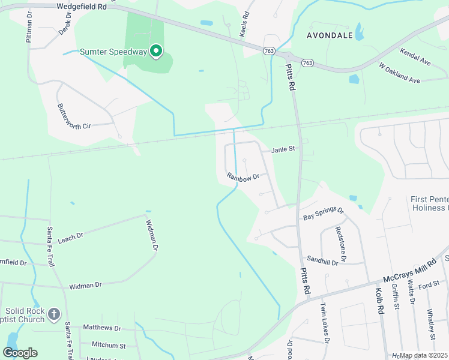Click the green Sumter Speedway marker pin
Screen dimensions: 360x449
(x=156, y=51)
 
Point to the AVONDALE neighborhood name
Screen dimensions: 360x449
(x=330, y=35)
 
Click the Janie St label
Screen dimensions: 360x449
(x=283, y=149)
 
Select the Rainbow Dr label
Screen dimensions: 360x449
(x=243, y=176)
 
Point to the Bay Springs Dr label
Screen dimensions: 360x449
(x=323, y=214)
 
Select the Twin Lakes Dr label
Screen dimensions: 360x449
(x=325, y=328)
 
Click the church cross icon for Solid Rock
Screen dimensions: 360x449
(x=54, y=314)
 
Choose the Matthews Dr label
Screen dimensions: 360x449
(x=101, y=328)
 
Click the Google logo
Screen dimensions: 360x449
(x=20, y=352)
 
